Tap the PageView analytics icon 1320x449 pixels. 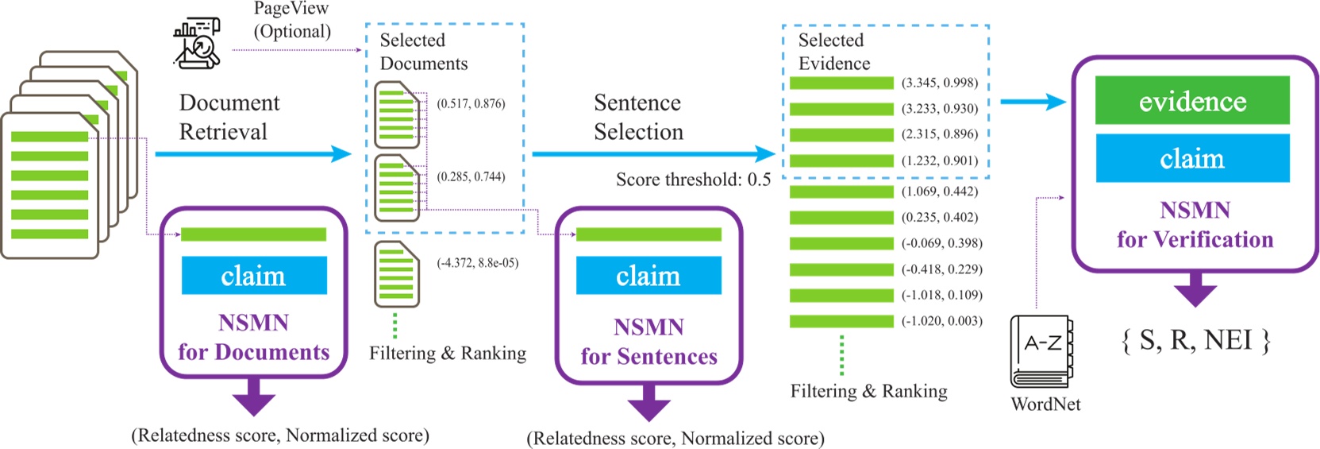point(196,43)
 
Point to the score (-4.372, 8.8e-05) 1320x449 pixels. point(477,263)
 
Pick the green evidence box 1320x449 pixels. point(1191,100)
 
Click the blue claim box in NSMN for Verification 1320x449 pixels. point(1191,158)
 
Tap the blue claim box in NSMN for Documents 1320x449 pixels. point(254,275)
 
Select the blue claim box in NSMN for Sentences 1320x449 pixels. point(648,275)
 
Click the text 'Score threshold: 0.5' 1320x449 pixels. point(693,180)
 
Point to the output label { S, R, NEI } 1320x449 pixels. point(1195,340)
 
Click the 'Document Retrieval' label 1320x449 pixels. point(229,117)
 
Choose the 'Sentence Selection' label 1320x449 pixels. point(638,117)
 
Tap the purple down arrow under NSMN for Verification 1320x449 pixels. point(1195,289)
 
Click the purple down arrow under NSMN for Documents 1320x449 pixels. point(254,396)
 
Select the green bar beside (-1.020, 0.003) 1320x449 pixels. point(841,321)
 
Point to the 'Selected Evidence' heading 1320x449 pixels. point(833,52)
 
